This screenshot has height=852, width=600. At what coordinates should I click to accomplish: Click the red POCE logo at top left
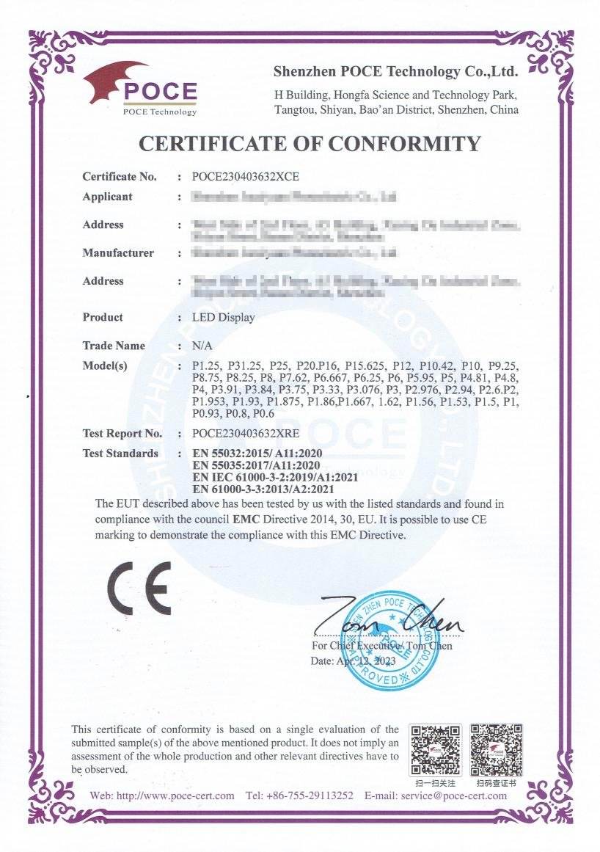click(140, 88)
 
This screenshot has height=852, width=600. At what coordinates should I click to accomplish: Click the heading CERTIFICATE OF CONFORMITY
click(310, 144)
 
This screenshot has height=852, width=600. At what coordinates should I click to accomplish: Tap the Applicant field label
click(107, 197)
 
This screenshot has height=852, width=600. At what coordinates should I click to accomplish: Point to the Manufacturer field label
click(118, 253)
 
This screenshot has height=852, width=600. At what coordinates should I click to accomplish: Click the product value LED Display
click(223, 318)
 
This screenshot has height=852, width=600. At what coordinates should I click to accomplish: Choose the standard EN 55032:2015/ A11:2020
click(257, 454)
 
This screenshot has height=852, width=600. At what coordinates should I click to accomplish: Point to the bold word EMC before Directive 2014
click(263, 519)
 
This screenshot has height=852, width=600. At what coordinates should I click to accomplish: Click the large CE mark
click(139, 589)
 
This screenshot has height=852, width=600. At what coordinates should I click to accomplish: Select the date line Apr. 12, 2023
click(354, 660)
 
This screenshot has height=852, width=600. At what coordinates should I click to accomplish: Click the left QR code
click(435, 749)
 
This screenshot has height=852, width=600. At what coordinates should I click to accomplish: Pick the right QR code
click(496, 749)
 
